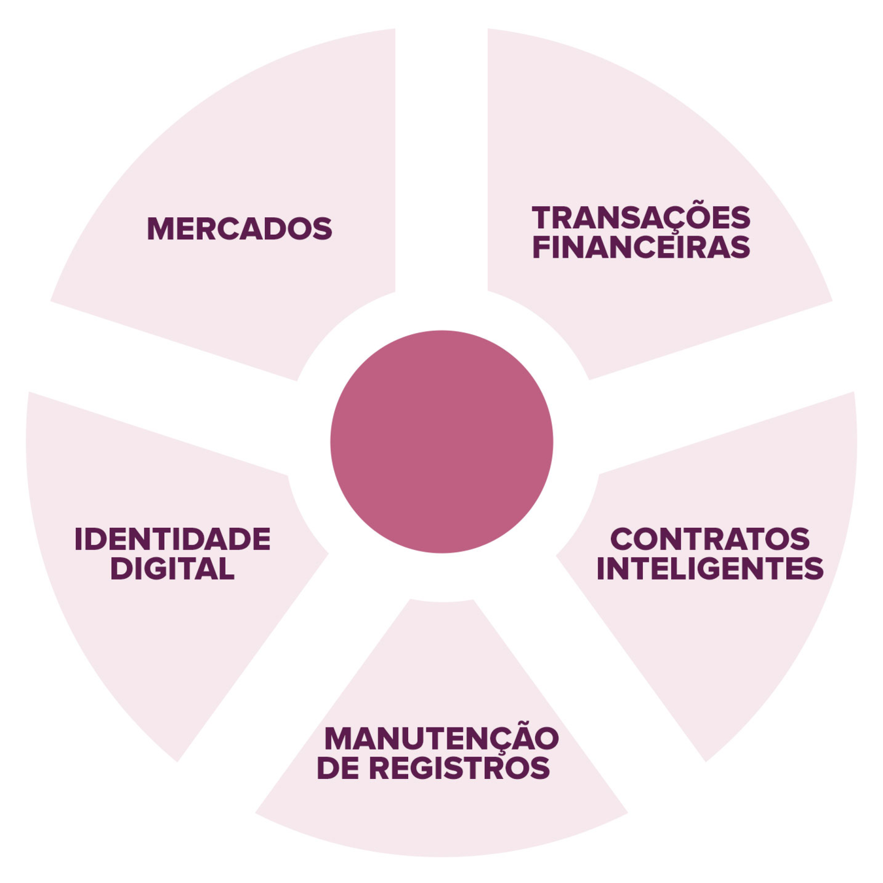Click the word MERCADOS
click(x=239, y=229)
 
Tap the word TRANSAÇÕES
click(x=641, y=218)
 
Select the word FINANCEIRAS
click(x=641, y=247)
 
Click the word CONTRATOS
click(x=710, y=540)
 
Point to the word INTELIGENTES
click(x=710, y=568)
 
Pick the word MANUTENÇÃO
click(x=441, y=739)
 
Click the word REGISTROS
click(x=459, y=768)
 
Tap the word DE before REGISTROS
click(x=338, y=768)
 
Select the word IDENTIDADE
click(x=172, y=540)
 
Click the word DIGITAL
click(x=172, y=568)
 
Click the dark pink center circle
click(x=441, y=441)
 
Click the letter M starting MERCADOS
click(x=160, y=229)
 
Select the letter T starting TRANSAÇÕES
click(x=544, y=218)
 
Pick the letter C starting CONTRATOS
click(x=624, y=540)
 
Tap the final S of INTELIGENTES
click(x=813, y=568)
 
